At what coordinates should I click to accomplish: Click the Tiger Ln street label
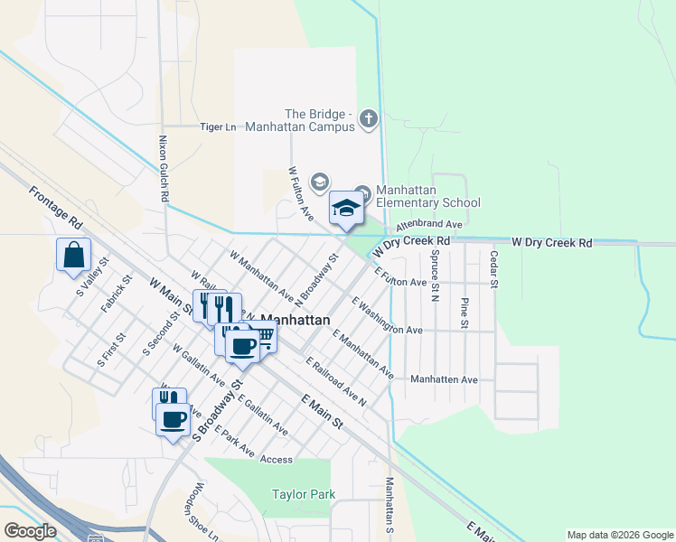point(217,127)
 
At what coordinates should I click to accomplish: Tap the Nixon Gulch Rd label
point(164,169)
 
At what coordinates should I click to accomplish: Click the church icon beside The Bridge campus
point(368,118)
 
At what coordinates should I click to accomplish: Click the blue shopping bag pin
point(74,257)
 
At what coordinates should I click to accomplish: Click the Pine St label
point(465,312)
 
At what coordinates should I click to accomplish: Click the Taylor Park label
point(304,494)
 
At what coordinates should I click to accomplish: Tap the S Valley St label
point(92,274)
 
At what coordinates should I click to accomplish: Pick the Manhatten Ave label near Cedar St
point(444,380)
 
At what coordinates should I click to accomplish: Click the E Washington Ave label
point(387,316)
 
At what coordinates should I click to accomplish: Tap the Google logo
point(30,531)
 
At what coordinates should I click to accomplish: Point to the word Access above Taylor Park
point(277,460)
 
